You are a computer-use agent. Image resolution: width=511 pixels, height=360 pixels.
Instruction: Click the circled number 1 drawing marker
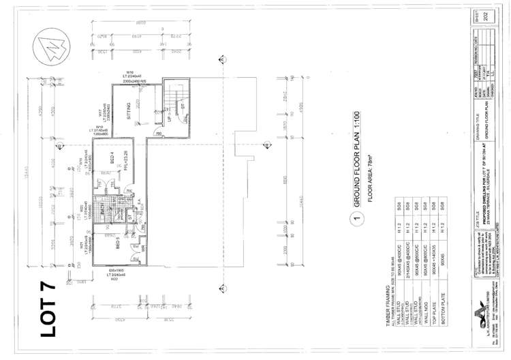coord(354,219)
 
